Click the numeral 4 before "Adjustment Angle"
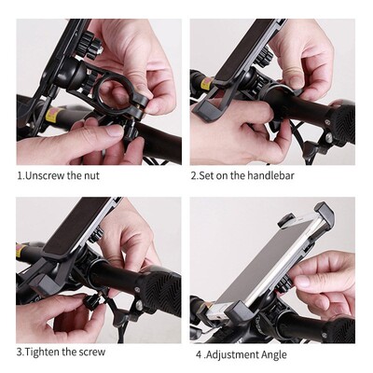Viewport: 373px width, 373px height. [x=198, y=354]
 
